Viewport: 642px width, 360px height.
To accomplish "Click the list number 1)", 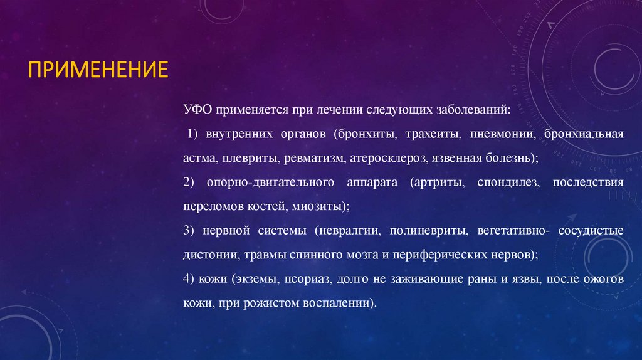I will pos(194,134).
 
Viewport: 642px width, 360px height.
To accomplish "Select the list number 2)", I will pos(190,183).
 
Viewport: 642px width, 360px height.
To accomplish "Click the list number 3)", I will pos(190,231).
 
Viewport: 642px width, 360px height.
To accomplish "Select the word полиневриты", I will pos(429,231).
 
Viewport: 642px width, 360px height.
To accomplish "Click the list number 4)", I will pos(190,279).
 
